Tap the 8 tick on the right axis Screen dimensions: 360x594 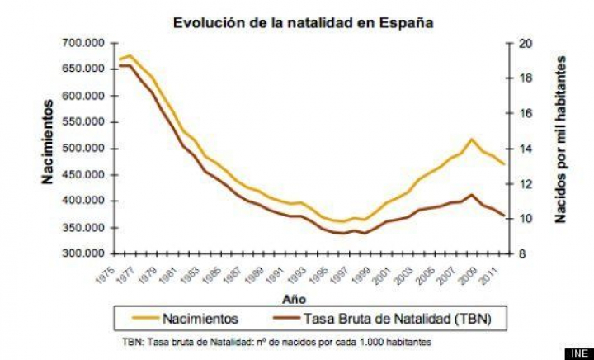(523, 253)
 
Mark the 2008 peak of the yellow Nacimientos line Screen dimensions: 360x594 (471, 140)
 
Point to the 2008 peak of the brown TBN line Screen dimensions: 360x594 (471, 195)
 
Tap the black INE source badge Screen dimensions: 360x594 (578, 353)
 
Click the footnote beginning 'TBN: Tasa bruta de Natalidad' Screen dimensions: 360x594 (276, 341)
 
